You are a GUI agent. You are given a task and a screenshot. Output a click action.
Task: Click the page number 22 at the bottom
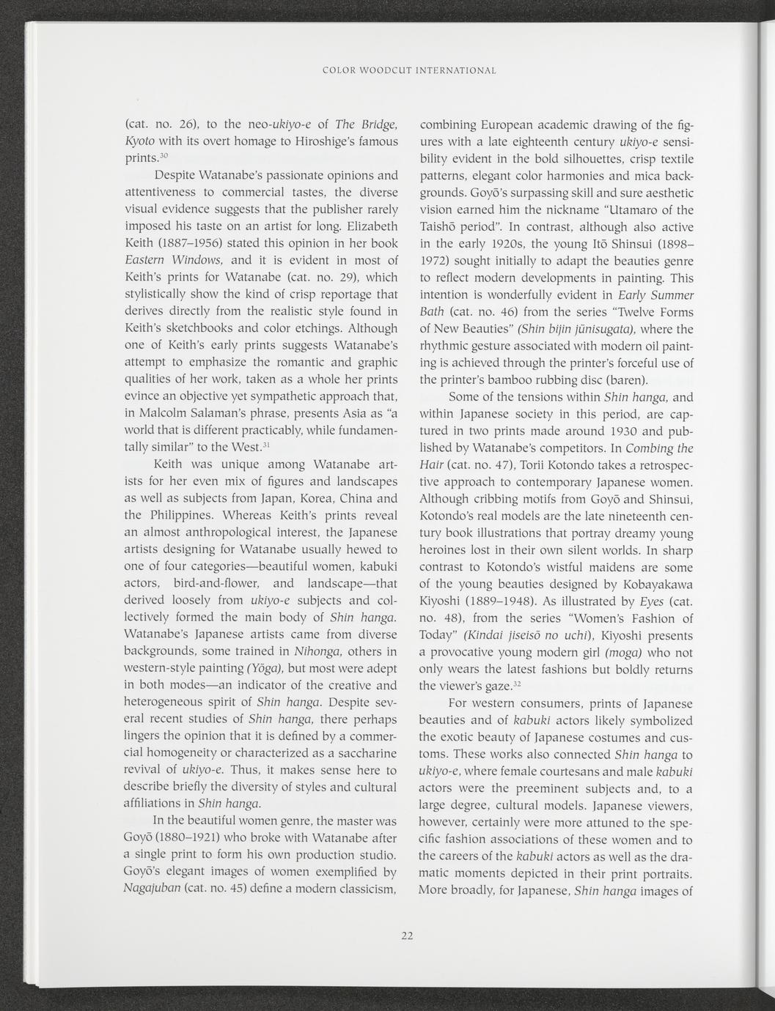tap(408, 935)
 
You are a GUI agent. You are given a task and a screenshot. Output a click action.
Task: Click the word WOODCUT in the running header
tap(386, 71)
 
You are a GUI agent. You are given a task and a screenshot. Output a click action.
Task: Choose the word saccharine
tap(359, 752)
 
